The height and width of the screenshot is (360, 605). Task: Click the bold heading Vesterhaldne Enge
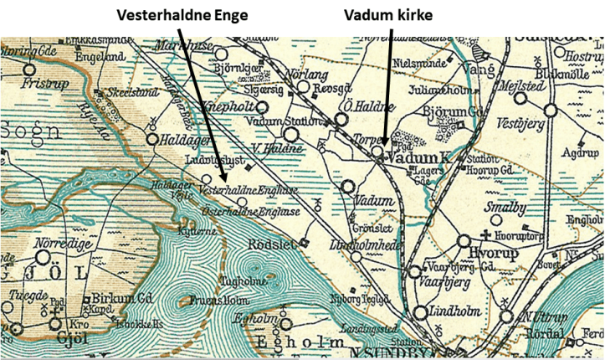point(182,15)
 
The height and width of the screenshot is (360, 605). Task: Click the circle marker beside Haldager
point(152,140)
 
